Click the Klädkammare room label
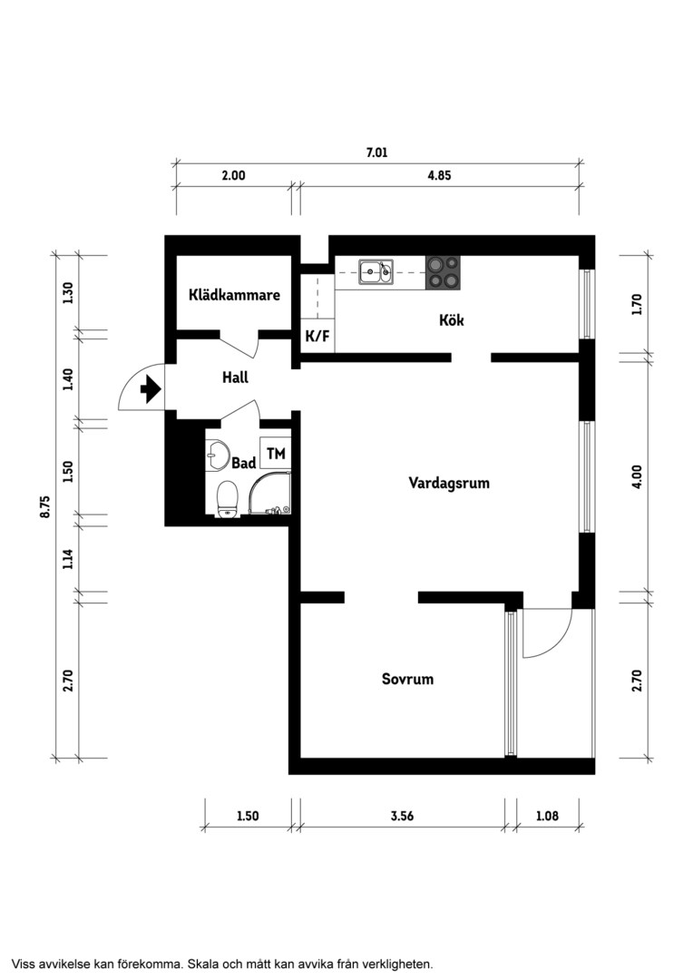(x=234, y=294)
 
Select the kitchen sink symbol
(x=376, y=272)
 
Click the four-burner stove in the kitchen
(x=443, y=272)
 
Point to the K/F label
(x=317, y=337)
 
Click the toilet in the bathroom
(x=227, y=499)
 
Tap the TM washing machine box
(x=276, y=453)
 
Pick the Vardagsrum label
(x=449, y=483)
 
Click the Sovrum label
(x=407, y=679)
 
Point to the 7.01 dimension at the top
(x=376, y=152)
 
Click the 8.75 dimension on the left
(x=45, y=506)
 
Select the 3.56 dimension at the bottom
(x=402, y=816)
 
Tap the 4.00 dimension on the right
(x=637, y=477)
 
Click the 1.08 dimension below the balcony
(x=547, y=816)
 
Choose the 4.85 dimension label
(x=439, y=176)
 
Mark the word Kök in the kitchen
(x=451, y=320)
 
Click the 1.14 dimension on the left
(x=68, y=558)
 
